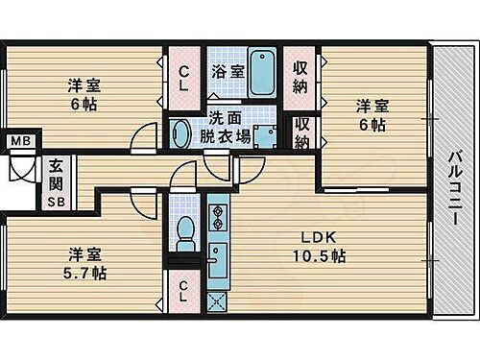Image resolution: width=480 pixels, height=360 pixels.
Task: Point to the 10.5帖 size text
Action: (320, 256)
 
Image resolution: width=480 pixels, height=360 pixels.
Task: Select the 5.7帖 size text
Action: (86, 274)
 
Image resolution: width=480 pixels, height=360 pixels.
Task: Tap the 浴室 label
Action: (228, 72)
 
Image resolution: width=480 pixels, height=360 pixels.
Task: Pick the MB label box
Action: (20, 143)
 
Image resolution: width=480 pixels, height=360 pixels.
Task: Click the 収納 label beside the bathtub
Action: (300, 76)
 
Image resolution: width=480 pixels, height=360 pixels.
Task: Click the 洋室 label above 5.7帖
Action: (86, 254)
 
